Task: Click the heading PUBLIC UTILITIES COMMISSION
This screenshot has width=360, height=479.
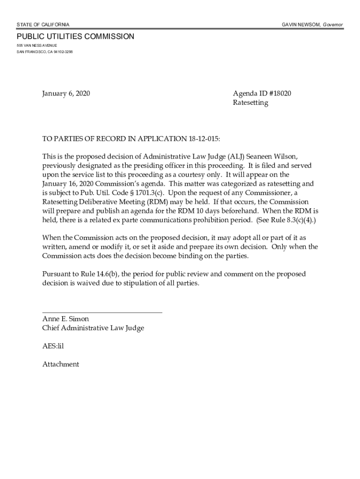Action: point(75,36)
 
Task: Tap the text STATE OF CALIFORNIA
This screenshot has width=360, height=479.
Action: point(43,24)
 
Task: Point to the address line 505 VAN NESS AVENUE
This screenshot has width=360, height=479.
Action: point(37,45)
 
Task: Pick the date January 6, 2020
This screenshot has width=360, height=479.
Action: point(66,94)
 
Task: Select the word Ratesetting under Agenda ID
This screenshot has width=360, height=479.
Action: point(251,103)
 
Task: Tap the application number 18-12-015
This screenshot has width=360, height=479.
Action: point(203,139)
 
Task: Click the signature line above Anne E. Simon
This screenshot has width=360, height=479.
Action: point(102,312)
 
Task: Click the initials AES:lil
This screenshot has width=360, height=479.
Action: point(53,346)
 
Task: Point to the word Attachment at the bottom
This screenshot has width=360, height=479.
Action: point(61,364)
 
